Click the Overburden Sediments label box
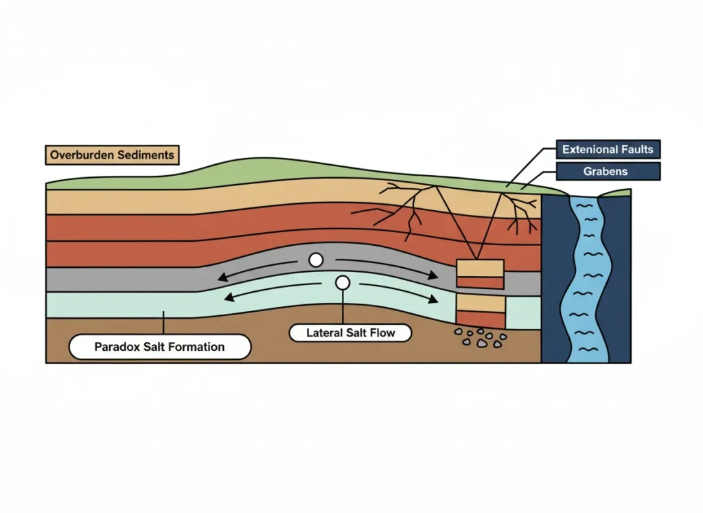coord(112,155)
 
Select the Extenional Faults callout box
coord(608,149)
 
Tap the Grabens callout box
coord(608,171)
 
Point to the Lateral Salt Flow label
coord(350,333)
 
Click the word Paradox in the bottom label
coord(117,347)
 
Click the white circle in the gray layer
coord(316,260)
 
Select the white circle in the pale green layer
coord(342,282)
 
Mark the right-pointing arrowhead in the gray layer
coord(433,276)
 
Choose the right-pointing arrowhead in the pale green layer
coord(433,300)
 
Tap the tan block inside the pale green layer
coord(481,303)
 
